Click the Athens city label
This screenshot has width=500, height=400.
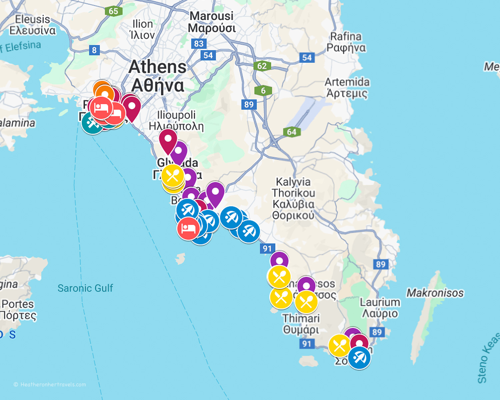157,76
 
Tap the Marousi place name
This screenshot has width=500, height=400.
212,22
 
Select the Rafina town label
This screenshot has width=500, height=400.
346,42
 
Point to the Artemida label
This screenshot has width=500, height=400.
347,87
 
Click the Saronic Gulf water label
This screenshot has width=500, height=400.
85,288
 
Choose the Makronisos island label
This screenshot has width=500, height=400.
435,293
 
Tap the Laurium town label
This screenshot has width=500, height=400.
380,308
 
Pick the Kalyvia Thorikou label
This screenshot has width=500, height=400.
293,199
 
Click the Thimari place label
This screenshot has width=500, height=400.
301,324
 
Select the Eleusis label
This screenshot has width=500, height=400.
32,25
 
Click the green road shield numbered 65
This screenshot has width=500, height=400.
113,11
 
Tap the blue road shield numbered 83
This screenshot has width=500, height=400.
199,43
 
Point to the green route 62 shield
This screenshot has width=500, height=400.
262,66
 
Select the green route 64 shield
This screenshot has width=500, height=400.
292,132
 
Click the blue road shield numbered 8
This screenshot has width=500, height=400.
94,50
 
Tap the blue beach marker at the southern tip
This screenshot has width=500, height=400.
359,358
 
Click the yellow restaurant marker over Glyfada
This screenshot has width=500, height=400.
173,175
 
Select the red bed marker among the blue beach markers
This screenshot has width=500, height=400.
188,228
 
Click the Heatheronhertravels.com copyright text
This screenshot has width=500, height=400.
50,384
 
